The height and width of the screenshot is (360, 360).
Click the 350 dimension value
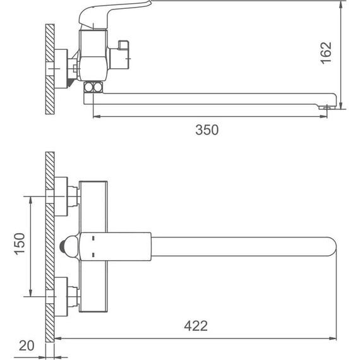click(207, 129)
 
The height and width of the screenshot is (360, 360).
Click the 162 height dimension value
click(326, 53)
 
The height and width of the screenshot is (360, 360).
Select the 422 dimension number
click(196, 326)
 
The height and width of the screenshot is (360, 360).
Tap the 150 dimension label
click(20, 244)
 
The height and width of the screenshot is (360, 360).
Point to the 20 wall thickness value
click(27, 345)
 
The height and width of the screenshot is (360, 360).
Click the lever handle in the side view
click(115, 15)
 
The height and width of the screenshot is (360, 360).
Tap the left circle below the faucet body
click(88, 87)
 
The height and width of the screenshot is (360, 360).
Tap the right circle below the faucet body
click(97, 87)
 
